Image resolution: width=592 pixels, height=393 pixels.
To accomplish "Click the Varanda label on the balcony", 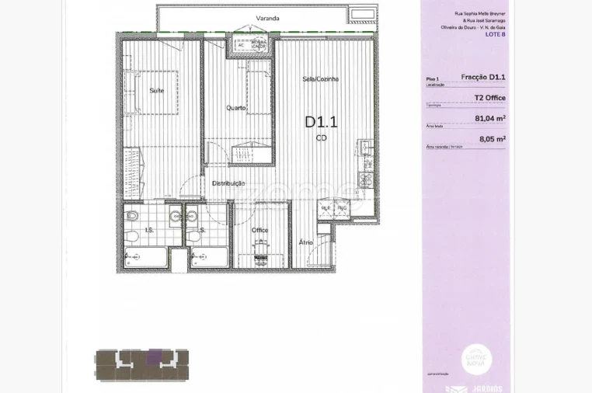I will [267, 18].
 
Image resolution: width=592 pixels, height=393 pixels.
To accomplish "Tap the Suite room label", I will [156, 91].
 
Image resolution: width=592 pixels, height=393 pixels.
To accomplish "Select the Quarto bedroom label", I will [236, 107].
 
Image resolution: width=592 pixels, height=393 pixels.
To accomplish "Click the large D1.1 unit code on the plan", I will [321, 121].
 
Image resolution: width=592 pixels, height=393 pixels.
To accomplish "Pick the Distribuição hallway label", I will [228, 183].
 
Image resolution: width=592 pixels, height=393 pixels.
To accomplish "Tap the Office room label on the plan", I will [260, 231].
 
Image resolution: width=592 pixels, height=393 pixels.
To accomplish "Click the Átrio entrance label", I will [306, 242].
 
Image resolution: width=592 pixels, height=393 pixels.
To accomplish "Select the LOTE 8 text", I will [496, 34].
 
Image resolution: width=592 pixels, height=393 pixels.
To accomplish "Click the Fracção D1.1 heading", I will [483, 77].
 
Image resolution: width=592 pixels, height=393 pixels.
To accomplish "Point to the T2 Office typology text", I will [490, 98].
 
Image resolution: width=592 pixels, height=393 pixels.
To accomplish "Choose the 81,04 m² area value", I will [490, 119].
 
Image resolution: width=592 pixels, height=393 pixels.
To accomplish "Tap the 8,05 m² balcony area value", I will [492, 139].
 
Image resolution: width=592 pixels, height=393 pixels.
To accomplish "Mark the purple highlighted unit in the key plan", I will [155, 357].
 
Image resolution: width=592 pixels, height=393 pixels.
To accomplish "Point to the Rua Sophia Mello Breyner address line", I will [479, 13].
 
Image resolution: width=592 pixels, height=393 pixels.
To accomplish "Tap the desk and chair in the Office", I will [260, 248].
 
